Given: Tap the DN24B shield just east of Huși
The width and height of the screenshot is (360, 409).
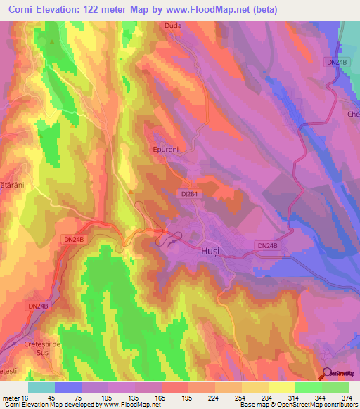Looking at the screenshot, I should tap(267, 245).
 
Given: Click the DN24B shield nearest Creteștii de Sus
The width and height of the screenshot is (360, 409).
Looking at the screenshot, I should tap(39, 306).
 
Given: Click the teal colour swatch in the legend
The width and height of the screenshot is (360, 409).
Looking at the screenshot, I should tap(41, 388).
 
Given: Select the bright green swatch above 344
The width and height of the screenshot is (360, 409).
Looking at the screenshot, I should tap(309, 388).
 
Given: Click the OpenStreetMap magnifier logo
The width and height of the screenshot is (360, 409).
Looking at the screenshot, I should tap(328, 374).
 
